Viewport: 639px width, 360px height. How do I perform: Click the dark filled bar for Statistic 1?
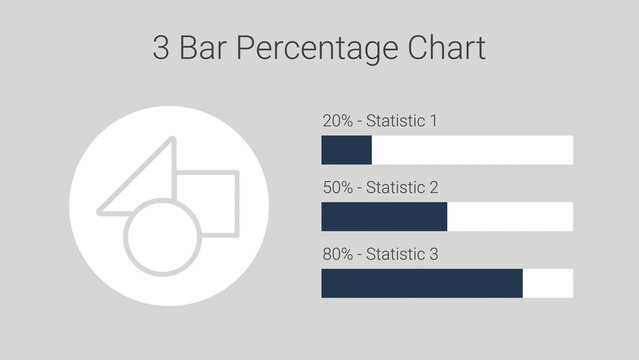tap(346, 150)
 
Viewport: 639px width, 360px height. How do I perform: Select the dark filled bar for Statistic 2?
tap(384, 216)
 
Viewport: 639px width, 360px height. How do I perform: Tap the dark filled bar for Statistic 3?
tap(421, 283)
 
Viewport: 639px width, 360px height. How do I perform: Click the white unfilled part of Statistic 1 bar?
tap(472, 150)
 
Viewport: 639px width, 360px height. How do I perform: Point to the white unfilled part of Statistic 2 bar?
tap(510, 216)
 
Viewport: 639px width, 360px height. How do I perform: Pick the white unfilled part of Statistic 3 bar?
tap(548, 283)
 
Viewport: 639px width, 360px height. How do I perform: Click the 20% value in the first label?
tap(337, 121)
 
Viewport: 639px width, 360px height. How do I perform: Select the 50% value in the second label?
tap(337, 188)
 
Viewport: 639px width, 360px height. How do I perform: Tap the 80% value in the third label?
tap(337, 254)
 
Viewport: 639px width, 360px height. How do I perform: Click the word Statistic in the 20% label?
tap(395, 121)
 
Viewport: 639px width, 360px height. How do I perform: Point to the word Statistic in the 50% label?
tap(395, 188)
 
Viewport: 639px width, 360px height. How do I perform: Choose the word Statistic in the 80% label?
tap(395, 254)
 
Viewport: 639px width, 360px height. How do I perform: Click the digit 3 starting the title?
tap(161, 48)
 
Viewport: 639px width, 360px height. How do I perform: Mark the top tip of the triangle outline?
tap(172, 140)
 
